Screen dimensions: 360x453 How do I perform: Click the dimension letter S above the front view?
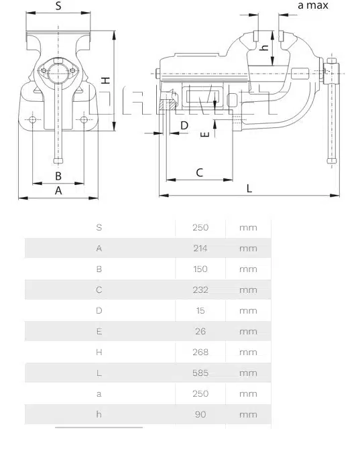[58, 5]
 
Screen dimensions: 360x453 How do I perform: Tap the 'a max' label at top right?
[313, 5]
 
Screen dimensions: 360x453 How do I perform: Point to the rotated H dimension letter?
[106, 80]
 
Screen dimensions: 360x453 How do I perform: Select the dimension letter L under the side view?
[249, 188]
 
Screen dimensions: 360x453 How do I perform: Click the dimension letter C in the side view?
[199, 172]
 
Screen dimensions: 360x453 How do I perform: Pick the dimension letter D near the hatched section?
[184, 125]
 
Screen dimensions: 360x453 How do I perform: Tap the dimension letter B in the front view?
[58, 176]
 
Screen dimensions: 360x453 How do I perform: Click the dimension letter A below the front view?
[58, 190]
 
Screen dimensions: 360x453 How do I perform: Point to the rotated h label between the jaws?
[263, 48]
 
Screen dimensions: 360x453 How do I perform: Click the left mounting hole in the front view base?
[33, 119]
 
